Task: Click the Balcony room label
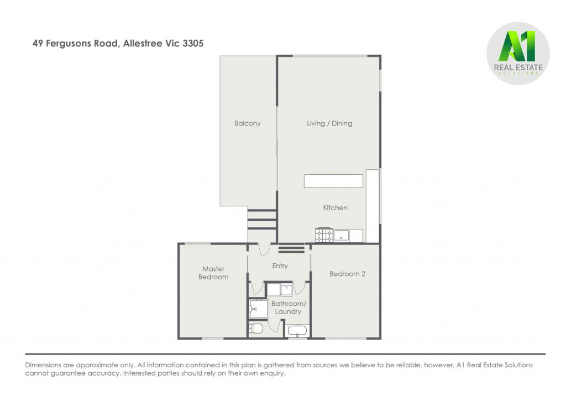click(247, 123)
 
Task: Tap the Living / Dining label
click(329, 123)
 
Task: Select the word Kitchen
click(335, 208)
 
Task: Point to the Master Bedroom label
click(213, 273)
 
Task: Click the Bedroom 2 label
click(347, 274)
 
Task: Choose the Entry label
click(280, 266)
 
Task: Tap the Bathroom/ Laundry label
click(289, 308)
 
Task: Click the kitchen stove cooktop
click(324, 236)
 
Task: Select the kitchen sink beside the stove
click(341, 236)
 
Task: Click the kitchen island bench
click(333, 181)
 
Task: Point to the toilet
click(255, 329)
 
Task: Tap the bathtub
click(297, 331)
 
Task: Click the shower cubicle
click(259, 309)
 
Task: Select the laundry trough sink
click(286, 289)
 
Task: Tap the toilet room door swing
click(275, 326)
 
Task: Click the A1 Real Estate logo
click(518, 54)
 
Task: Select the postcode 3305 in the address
click(193, 43)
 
